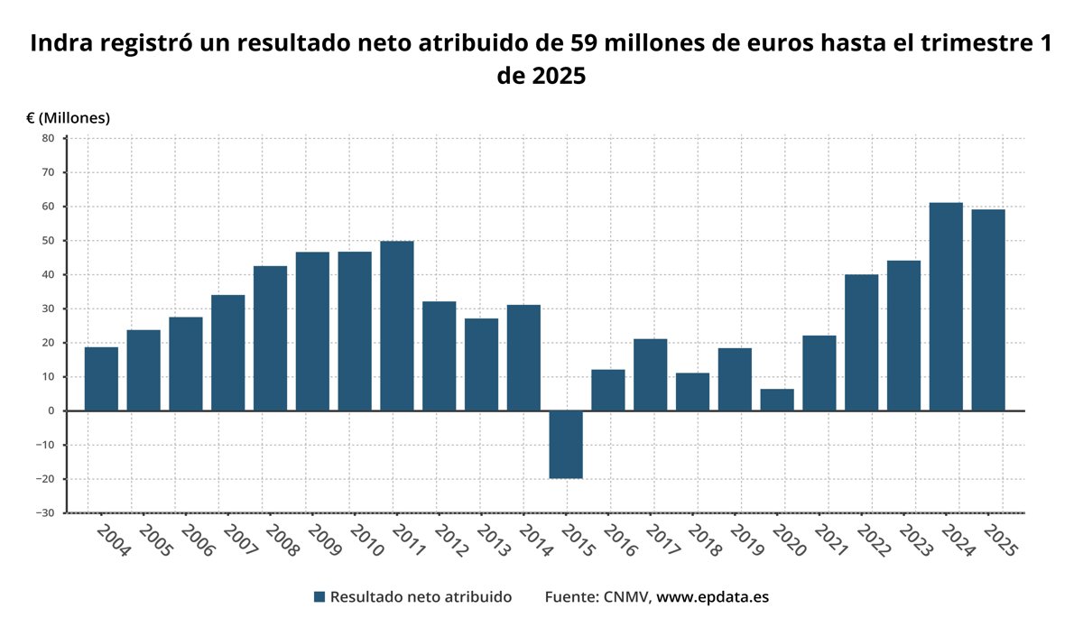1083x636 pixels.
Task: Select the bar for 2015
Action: pos(566,445)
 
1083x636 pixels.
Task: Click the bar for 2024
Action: pos(946,307)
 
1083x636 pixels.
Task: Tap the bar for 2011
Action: pos(397,326)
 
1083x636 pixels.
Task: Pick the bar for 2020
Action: pos(777,400)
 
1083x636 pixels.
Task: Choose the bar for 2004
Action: pos(101,379)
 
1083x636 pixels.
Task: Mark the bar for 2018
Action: pos(692,392)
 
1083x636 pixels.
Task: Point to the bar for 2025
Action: pos(988,310)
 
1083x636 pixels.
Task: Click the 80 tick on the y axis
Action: pos(47,138)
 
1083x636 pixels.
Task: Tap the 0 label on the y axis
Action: pos(51,410)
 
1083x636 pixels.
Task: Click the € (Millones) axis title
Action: pos(68,118)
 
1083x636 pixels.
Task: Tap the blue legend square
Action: pos(319,597)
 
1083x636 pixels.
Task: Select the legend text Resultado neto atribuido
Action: pos(421,597)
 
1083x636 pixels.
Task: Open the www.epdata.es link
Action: pos(712,597)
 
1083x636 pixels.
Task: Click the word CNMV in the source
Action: pos(625,597)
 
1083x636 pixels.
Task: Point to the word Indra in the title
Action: pos(61,43)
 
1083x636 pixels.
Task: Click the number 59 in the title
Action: pos(586,43)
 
